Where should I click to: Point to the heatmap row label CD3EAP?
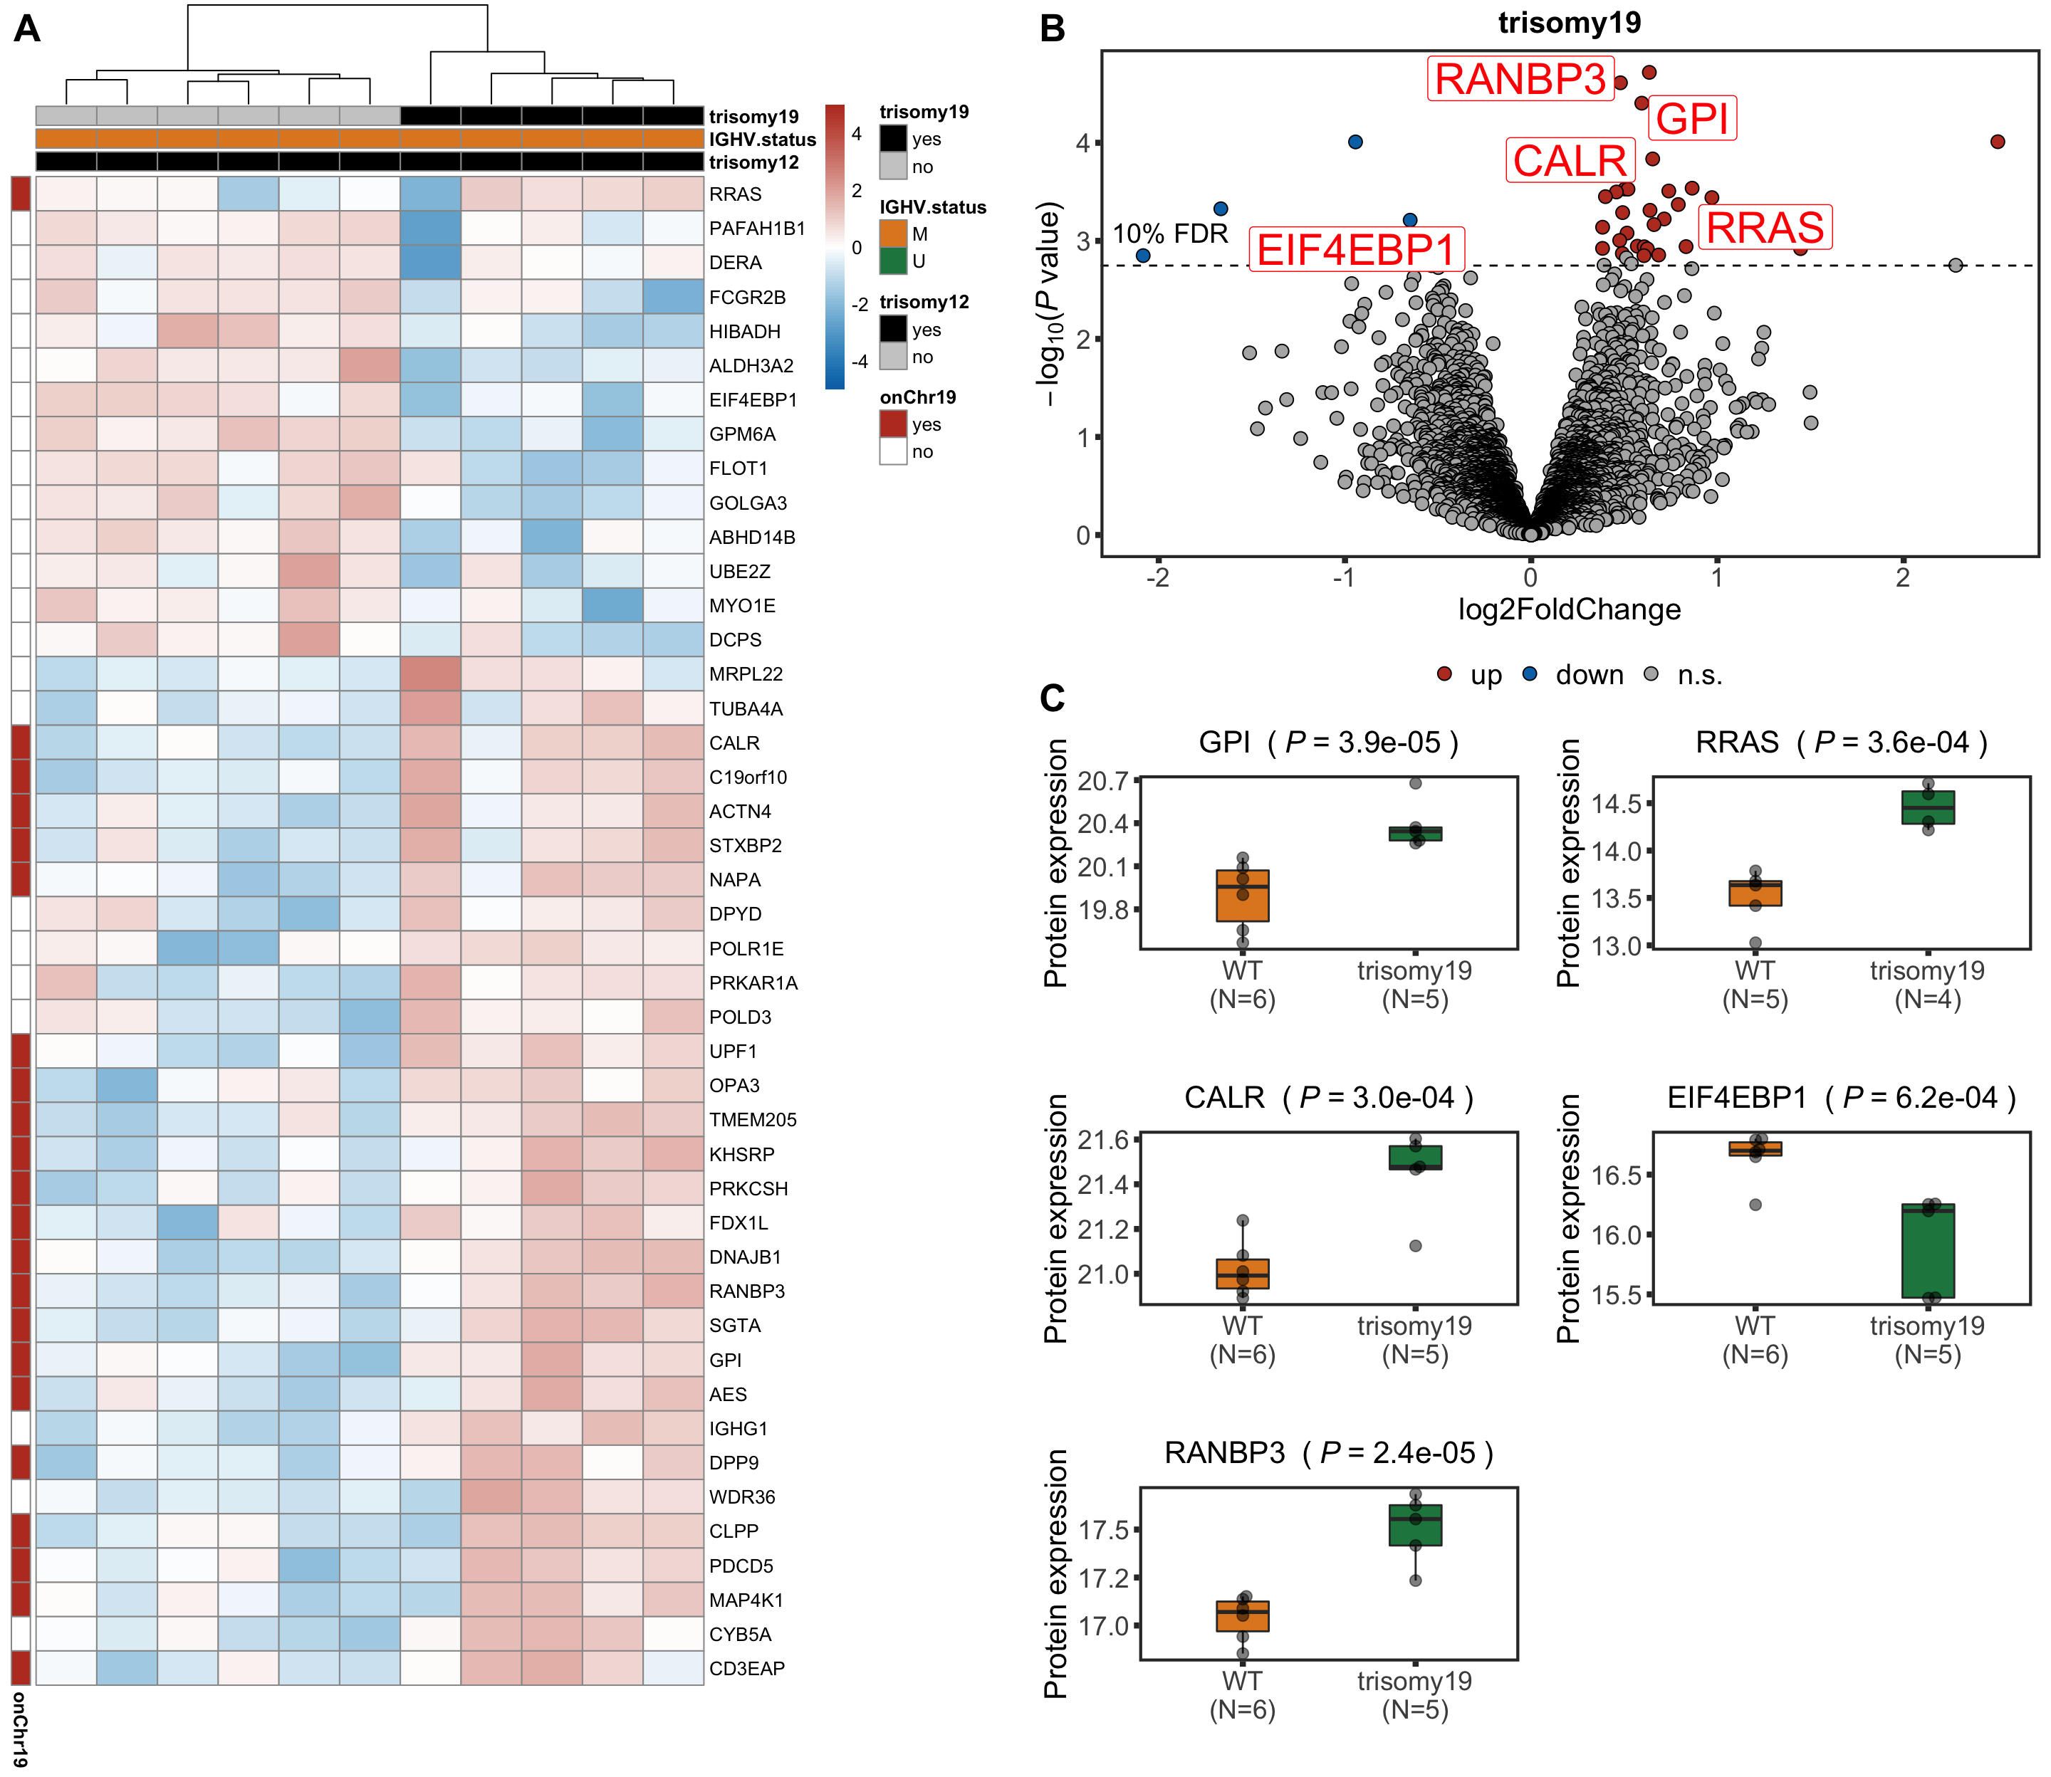coord(747,1669)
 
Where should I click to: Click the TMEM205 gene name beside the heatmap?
coord(753,1120)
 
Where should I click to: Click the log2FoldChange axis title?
coord(1569,609)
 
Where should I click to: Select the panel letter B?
coord(1053,28)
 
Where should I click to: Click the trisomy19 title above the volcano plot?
coord(1569,22)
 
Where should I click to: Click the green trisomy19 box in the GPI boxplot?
coord(1415,833)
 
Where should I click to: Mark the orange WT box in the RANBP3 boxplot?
coord(1243,1615)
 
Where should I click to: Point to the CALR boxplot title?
coord(1329,1098)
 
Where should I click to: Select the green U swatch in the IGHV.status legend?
coord(892,261)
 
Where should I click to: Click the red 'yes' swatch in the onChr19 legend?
coord(892,424)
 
